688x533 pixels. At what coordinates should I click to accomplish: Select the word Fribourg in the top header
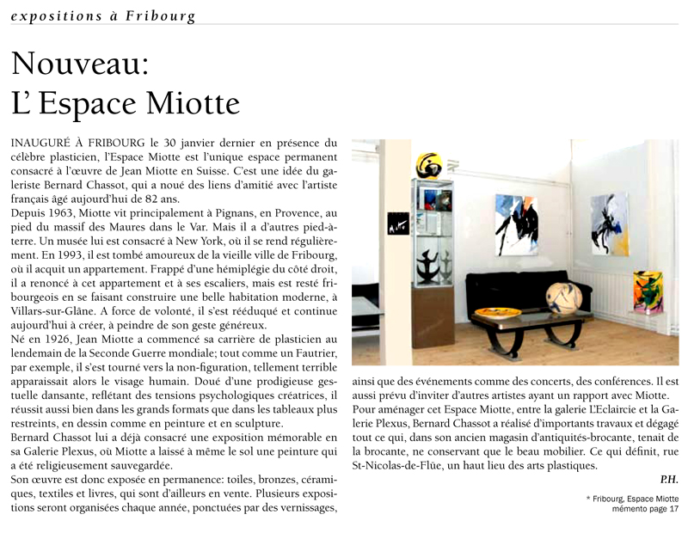click(160, 16)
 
